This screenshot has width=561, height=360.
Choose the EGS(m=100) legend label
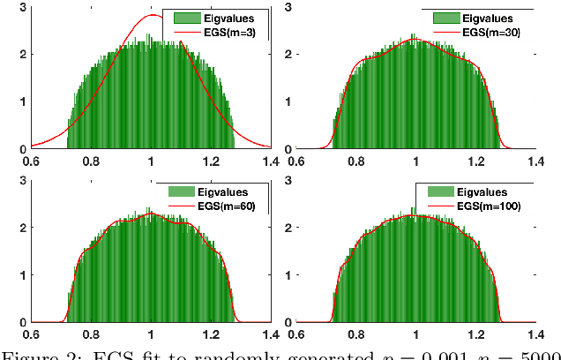tap(495, 206)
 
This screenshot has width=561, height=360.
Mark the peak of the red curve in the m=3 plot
tap(152, 15)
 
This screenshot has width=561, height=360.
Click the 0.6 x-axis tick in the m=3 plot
tap(31, 161)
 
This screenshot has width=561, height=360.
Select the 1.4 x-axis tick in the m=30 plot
tap(535, 161)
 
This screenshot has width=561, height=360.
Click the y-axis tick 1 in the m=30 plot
tap(287, 101)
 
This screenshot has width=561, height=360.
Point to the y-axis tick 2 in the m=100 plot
tap(287, 226)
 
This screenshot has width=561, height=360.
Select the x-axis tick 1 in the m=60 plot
tap(151, 335)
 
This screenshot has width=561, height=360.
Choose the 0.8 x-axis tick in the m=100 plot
tap(355, 335)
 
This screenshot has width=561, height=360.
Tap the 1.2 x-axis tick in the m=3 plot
tap(211, 161)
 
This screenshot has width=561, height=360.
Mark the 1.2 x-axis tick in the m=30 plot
tap(475, 161)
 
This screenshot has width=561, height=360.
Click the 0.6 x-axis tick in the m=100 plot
tap(296, 335)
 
